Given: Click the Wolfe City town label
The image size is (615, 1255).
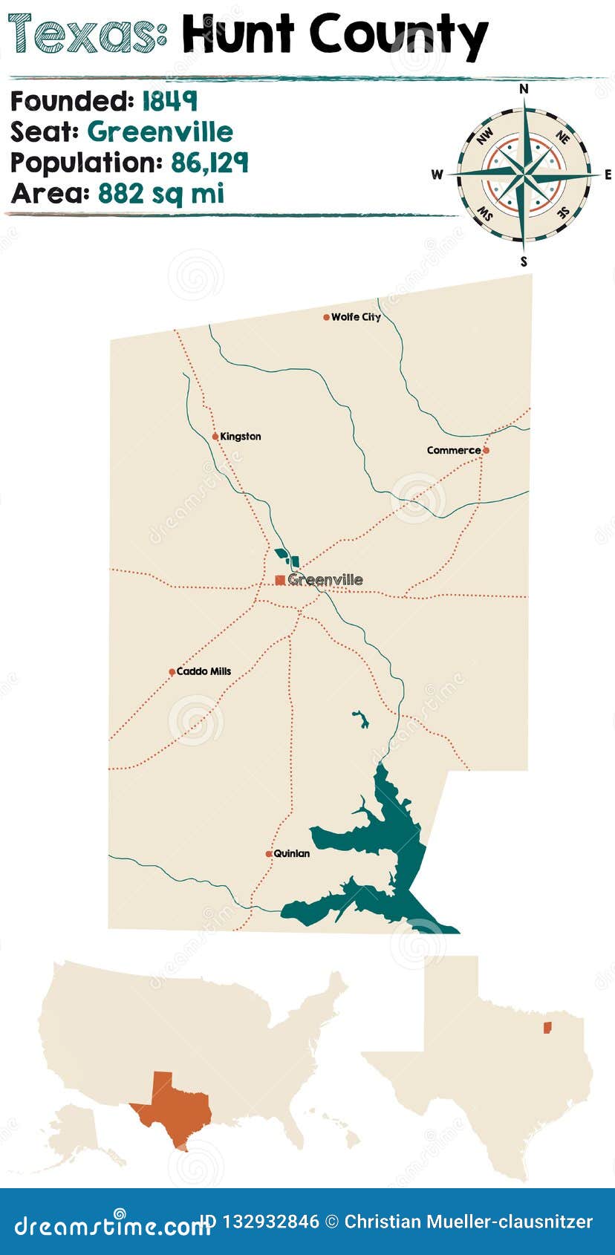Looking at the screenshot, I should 356,317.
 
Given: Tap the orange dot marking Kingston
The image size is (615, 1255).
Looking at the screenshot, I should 215,437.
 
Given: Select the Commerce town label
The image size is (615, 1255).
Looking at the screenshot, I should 453,450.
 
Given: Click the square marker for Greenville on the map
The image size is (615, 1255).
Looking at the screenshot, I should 280,580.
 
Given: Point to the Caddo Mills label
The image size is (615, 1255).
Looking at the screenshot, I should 204,671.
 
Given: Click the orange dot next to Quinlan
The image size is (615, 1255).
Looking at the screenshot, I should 269,854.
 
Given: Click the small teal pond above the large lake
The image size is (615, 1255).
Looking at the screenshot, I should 361,719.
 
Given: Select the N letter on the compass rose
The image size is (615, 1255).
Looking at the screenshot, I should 524,89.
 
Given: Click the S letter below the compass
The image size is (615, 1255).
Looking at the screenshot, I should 524,261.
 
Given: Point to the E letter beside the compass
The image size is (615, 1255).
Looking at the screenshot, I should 608,175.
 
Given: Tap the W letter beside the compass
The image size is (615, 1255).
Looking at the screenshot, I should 437,175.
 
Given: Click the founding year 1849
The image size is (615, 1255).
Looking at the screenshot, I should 169,100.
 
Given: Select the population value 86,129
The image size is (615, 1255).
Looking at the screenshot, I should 209,163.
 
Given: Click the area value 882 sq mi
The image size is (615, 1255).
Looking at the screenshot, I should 160,194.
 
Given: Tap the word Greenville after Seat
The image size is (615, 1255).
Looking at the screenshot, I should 160,131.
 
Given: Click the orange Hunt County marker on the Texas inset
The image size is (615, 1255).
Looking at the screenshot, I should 547,1027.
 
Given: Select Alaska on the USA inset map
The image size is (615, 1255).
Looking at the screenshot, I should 78,1129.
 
